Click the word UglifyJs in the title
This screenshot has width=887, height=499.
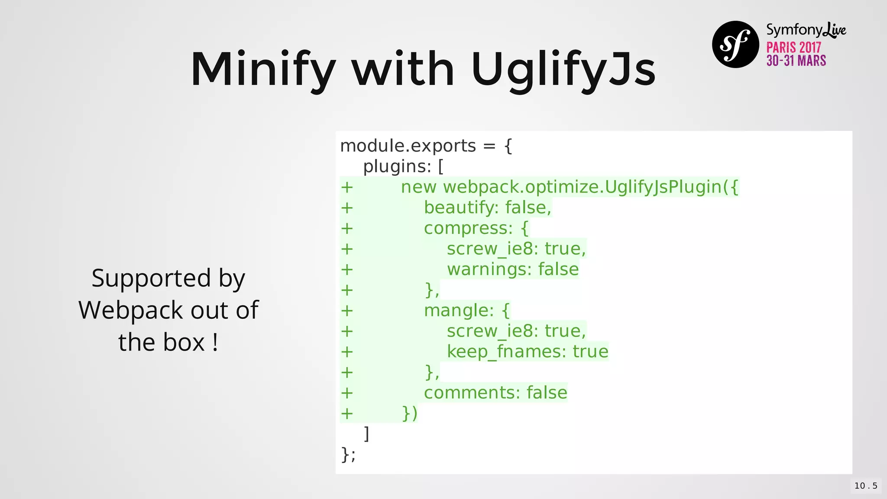coord(563,69)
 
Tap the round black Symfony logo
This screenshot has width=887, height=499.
coord(735,44)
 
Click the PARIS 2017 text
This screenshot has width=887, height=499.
coord(793,47)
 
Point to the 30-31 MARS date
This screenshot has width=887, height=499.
coord(796,61)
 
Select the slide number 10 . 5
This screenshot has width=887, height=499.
coord(866,486)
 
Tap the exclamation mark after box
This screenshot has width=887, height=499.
coord(215,342)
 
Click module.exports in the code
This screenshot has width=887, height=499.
coord(408,146)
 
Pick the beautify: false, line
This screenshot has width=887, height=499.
coord(487,207)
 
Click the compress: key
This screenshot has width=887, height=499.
coord(468,228)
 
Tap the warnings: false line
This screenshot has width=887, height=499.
coord(513,269)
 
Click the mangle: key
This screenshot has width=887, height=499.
coord(459,311)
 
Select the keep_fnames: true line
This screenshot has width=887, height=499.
coord(528,351)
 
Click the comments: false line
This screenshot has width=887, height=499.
coord(495,392)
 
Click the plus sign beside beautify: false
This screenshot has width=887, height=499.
coord(347,208)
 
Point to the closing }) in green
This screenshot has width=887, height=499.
coord(410,413)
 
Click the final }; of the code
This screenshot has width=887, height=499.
coord(348,454)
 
